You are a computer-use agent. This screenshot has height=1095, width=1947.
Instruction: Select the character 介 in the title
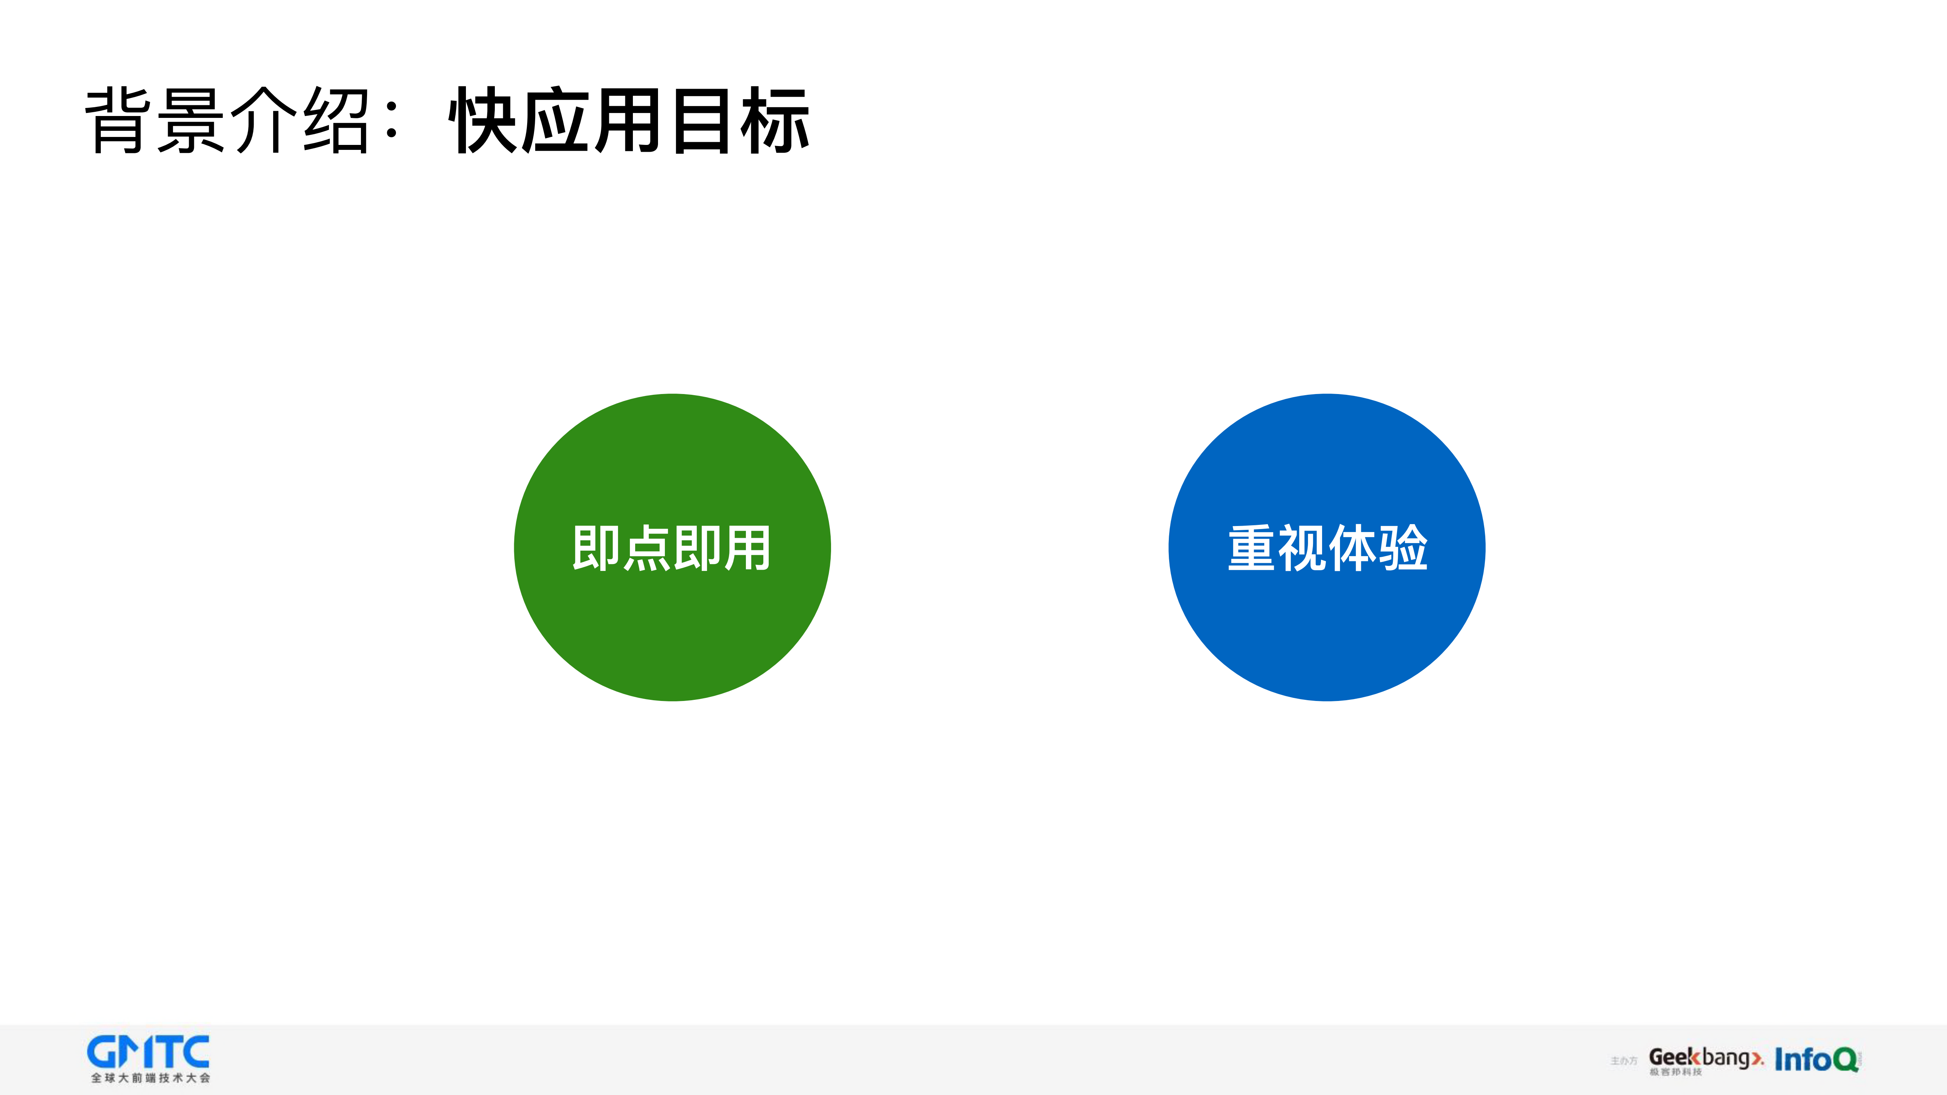click(x=262, y=121)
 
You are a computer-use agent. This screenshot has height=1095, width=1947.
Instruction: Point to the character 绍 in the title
click(x=335, y=121)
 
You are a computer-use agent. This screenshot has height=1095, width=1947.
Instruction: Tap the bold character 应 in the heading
click(x=557, y=121)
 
